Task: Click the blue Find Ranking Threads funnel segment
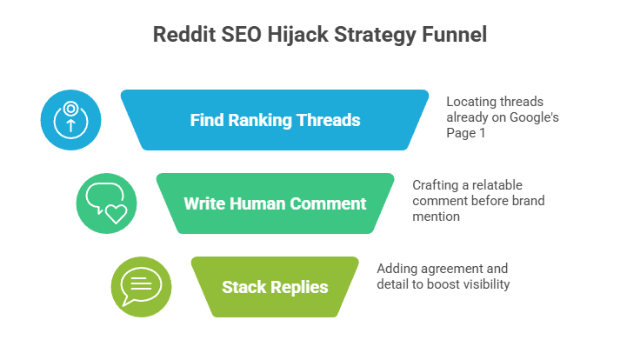point(275,120)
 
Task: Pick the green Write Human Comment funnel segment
point(275,203)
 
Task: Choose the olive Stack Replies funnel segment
point(275,287)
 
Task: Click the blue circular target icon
point(71,120)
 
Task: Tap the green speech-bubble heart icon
point(106,203)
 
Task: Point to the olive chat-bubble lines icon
point(141,287)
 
